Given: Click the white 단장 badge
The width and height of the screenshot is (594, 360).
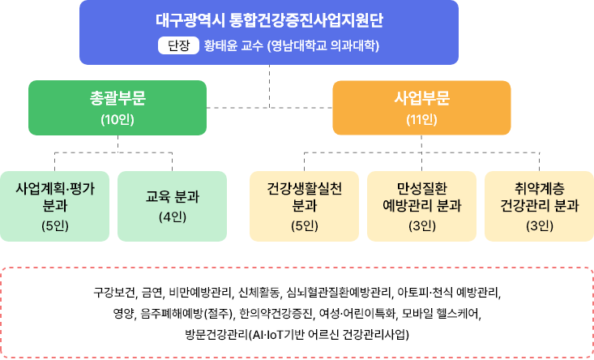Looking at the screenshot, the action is (178, 45).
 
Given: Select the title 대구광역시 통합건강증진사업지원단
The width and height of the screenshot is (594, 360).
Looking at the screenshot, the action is (269, 20).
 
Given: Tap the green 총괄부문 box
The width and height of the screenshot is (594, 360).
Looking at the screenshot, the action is (118, 108).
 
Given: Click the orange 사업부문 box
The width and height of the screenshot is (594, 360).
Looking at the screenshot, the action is (421, 108).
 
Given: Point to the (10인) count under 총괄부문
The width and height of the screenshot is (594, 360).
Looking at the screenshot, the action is (118, 120).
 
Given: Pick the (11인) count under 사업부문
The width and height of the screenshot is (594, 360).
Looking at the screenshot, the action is (421, 120).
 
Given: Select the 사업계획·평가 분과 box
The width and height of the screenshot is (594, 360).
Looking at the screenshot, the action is (54, 206).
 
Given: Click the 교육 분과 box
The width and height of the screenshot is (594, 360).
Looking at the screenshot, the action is (173, 206).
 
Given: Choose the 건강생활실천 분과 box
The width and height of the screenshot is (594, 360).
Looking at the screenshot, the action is (304, 206).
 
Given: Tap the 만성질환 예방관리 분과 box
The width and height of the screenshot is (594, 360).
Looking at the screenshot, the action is (421, 206).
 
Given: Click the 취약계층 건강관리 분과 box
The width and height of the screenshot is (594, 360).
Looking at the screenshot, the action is (540, 206).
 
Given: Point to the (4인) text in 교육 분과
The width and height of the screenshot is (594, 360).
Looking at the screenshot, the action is (173, 217).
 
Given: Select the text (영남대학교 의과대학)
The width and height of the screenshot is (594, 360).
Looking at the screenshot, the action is (323, 46).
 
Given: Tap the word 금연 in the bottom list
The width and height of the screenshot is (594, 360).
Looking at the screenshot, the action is (152, 292).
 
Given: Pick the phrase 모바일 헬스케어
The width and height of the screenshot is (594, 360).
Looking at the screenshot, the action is (442, 314).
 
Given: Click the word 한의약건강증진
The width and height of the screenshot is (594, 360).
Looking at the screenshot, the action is (277, 314).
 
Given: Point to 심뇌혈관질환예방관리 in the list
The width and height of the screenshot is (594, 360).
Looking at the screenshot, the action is (339, 292).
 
